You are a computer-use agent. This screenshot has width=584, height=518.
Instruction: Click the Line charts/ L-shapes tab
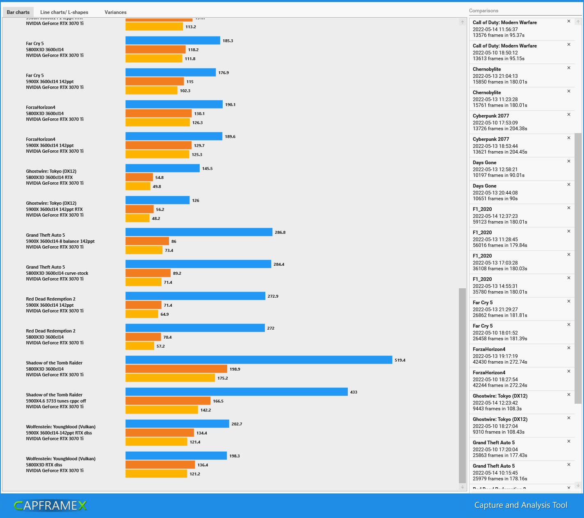pyautogui.click(x=64, y=12)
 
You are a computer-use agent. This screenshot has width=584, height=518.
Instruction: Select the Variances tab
pyautogui.click(x=115, y=12)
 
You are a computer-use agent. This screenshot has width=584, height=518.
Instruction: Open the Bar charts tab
pyautogui.click(x=18, y=12)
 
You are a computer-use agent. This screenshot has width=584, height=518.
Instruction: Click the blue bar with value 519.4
pyautogui.click(x=258, y=360)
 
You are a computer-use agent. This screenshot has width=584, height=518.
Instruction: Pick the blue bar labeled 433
pyautogui.click(x=236, y=392)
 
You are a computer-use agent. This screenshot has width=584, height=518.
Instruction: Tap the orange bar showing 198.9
pyautogui.click(x=176, y=369)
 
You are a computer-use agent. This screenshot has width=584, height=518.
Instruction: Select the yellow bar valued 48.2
pyautogui.click(x=137, y=218)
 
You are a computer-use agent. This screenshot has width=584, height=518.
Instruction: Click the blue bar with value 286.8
pyautogui.click(x=198, y=232)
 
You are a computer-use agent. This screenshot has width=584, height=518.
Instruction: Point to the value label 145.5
pyautogui.click(x=207, y=169)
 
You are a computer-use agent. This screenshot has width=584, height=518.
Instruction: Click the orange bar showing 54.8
pyautogui.click(x=139, y=177)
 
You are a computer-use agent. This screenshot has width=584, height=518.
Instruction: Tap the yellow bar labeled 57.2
pyautogui.click(x=139, y=346)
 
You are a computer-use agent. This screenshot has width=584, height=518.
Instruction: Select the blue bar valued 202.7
pyautogui.click(x=177, y=424)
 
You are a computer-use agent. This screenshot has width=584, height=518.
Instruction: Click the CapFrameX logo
pyautogui.click(x=50, y=506)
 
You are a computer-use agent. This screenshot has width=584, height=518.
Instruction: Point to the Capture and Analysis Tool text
pyautogui.click(x=520, y=505)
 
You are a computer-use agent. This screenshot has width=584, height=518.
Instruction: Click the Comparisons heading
pyautogui.click(x=483, y=11)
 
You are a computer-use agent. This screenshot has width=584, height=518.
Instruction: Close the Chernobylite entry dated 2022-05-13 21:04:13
pyautogui.click(x=568, y=68)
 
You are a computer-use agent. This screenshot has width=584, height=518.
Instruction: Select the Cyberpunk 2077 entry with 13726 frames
pyautogui.click(x=517, y=122)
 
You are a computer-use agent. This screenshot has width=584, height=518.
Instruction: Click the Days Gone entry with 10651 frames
pyautogui.click(x=517, y=192)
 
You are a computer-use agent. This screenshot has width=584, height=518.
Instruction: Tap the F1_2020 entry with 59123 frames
pyautogui.click(x=517, y=215)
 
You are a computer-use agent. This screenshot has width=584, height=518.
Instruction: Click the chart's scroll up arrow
pyautogui.click(x=462, y=22)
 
